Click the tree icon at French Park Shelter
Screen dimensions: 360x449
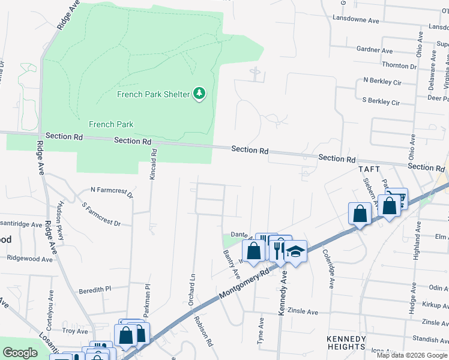pyautogui.click(x=199, y=94)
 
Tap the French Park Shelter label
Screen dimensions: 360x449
pyautogui.click(x=153, y=94)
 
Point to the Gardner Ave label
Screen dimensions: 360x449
pyautogui.click(x=374, y=50)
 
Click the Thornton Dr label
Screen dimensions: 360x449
pyautogui.click(x=399, y=65)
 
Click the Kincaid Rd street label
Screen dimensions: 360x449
pyautogui.click(x=154, y=161)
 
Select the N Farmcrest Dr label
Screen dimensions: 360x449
pyautogui.click(x=111, y=192)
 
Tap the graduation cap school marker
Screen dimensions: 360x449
pyautogui.click(x=295, y=251)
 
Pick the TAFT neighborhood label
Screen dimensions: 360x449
pyautogui.click(x=370, y=170)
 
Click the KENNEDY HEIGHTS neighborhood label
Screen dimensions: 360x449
pyautogui.click(x=346, y=343)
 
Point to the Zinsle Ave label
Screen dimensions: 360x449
pyautogui.click(x=303, y=312)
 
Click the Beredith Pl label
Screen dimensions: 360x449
pyautogui.click(x=95, y=289)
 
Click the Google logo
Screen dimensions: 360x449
pyautogui.click(x=20, y=353)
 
